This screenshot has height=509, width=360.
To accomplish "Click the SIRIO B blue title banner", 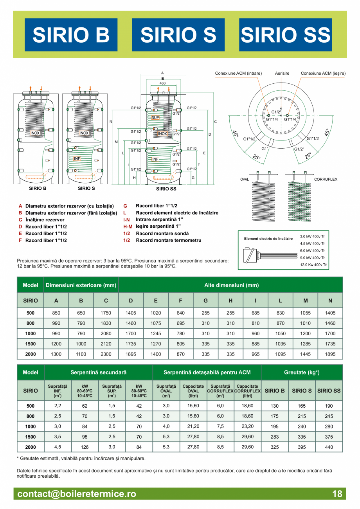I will (71, 35).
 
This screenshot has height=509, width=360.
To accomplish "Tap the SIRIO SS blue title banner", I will (285, 35).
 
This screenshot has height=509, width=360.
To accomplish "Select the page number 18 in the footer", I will (337, 494).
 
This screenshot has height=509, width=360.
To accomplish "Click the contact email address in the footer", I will (77, 494).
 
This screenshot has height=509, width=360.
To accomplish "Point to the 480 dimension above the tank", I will (162, 83).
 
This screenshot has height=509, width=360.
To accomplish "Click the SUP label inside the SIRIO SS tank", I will (155, 117).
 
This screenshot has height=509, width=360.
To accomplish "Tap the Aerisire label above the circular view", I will (281, 73).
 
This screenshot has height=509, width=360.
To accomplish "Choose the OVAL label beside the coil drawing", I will (245, 179).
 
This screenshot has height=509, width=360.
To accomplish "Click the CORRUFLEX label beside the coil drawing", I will (326, 179).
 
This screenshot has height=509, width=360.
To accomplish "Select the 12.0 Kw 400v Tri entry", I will (314, 265).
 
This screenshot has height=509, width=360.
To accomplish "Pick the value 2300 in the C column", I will (106, 354).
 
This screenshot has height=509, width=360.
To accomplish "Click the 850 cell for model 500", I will (56, 313).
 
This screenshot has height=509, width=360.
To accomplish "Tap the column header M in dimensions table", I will (305, 300).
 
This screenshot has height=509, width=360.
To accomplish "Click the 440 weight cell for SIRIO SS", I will (329, 447).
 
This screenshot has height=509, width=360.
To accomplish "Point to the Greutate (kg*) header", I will (302, 372).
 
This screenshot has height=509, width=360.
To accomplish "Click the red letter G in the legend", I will (125, 206).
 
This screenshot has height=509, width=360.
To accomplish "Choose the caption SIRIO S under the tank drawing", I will (86, 188).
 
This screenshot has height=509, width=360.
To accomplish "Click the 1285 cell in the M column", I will (305, 344).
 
